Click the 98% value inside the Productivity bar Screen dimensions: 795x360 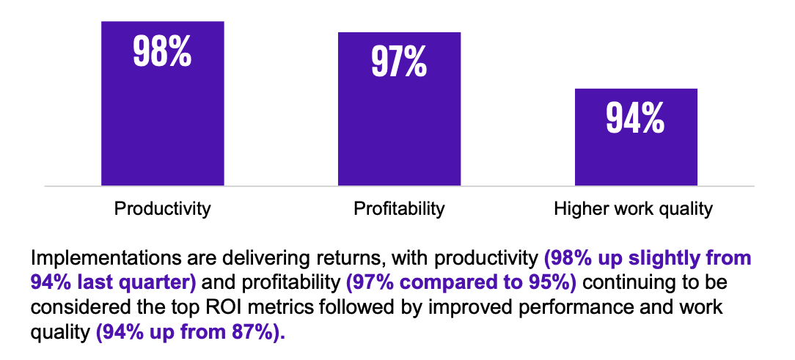tap(162, 52)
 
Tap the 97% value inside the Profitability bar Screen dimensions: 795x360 tap(399, 62)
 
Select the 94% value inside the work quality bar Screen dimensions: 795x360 tap(635, 118)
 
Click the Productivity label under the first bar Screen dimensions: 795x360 tap(162, 209)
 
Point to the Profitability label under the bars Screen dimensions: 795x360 tap(399, 209)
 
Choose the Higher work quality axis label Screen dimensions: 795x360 tap(633, 209)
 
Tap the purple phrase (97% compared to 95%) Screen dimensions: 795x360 tap(461, 283)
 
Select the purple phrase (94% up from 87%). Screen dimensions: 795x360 tap(190, 333)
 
